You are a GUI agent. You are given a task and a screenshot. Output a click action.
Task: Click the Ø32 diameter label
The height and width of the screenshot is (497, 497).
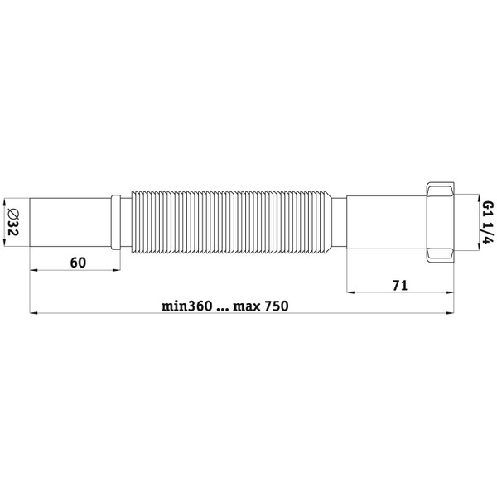pos(12,222)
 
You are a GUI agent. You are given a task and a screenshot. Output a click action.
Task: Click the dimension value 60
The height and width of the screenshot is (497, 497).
pos(78,263)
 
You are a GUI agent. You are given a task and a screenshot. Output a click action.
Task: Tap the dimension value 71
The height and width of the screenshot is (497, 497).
pos(400,285)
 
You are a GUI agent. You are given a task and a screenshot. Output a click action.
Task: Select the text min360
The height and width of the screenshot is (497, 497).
pos(186,306)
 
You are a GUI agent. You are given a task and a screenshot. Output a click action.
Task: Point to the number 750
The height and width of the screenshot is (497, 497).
pos(277,306)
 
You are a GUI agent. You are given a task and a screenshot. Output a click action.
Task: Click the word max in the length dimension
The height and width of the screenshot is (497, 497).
pos(247,307)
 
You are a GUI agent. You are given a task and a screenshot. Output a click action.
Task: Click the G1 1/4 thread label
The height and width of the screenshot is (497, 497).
pos(489,222)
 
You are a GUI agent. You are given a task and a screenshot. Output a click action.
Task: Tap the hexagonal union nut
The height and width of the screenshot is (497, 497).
pos(440,222)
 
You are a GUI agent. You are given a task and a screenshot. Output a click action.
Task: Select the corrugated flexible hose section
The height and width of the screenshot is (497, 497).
pos(231,222)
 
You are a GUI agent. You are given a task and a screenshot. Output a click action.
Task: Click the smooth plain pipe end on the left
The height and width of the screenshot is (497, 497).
pos(70,222)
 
